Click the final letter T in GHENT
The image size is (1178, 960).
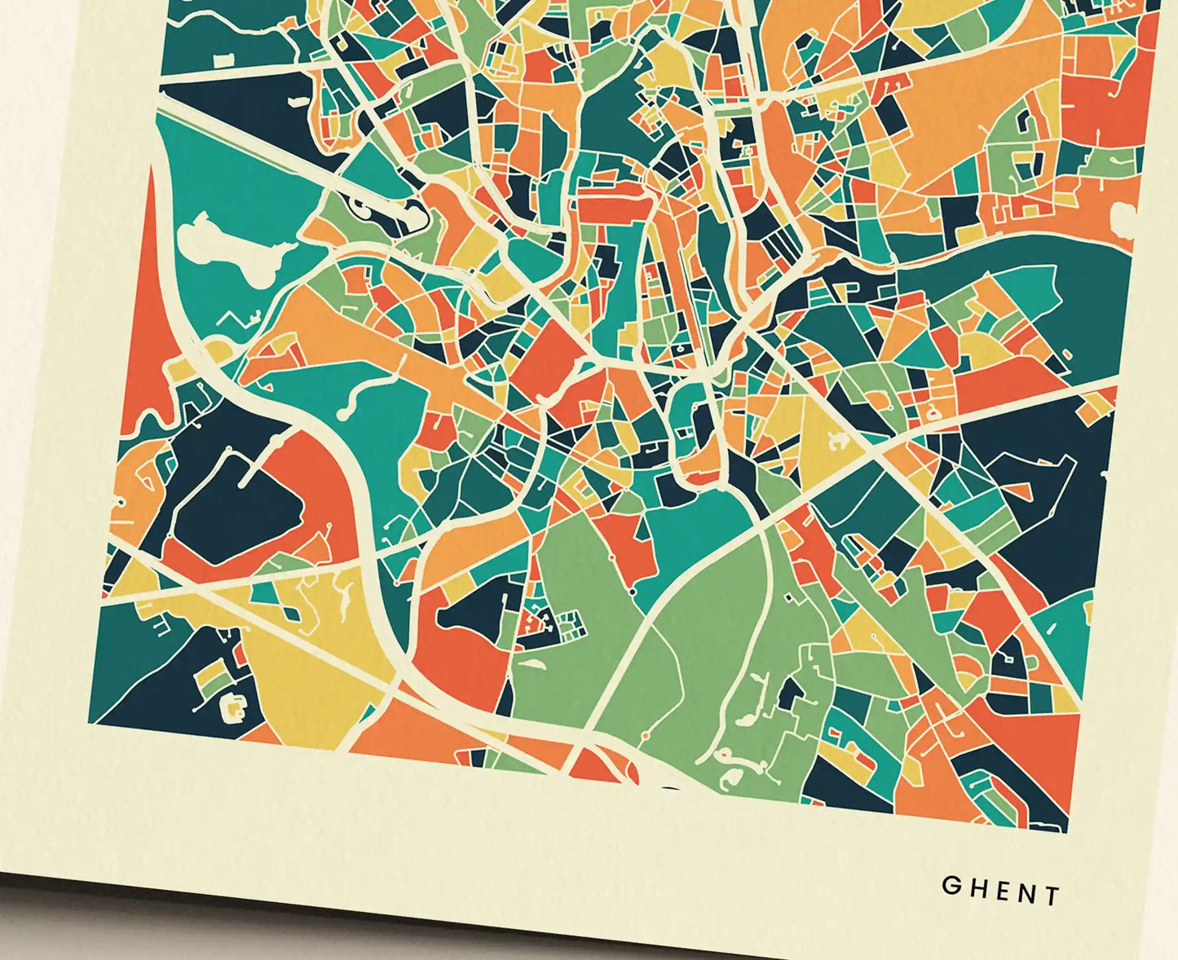(1052, 896)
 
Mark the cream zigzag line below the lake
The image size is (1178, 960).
(236, 323)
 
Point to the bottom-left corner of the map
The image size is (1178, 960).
(89, 722)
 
